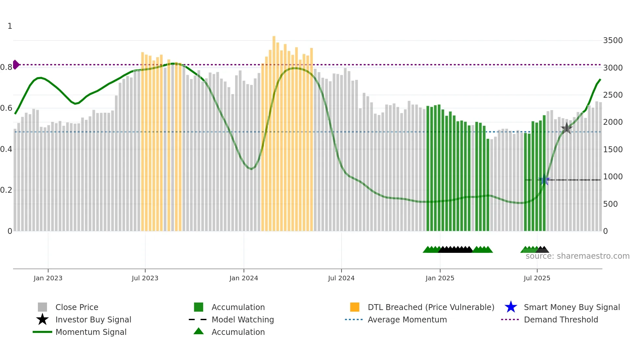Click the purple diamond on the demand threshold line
click(x=16, y=65)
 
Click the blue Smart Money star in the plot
click(x=544, y=180)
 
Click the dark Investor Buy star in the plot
click(x=567, y=128)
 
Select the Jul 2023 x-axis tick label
click(x=145, y=278)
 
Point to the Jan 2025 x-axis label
click(x=440, y=278)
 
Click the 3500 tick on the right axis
click(x=613, y=41)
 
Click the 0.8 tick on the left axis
click(x=6, y=67)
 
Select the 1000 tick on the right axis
click(x=613, y=177)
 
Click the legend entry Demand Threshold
click(x=561, y=320)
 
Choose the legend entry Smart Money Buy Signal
click(x=571, y=307)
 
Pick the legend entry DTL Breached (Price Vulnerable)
click(x=431, y=307)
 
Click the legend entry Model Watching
click(x=242, y=320)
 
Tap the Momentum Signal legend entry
click(x=91, y=332)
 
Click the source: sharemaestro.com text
click(x=577, y=256)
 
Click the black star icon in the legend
click(x=42, y=319)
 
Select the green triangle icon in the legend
click(x=199, y=331)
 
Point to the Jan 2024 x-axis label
click(x=244, y=278)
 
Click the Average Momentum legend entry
click(x=407, y=320)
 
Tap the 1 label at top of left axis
click(x=10, y=26)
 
